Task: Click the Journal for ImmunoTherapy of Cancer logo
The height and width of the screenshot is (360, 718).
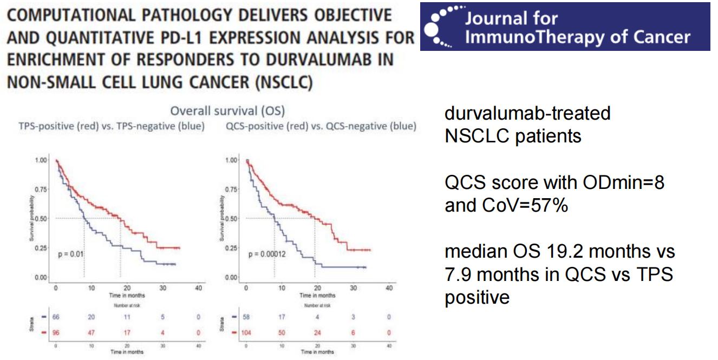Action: coord(565,27)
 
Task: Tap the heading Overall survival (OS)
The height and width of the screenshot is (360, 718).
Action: coord(227,111)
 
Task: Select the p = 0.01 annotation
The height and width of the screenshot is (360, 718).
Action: coord(70,253)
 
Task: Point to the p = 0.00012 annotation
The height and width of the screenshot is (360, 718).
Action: coord(267,253)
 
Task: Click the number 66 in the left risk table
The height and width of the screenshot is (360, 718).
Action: coord(56,316)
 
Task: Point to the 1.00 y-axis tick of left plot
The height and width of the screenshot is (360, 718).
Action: coord(41,160)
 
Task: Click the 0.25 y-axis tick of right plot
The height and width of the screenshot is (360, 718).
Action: coord(232,248)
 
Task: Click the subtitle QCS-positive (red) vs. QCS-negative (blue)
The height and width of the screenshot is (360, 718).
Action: coord(320,127)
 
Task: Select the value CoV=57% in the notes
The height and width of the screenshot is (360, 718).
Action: coord(525,205)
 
